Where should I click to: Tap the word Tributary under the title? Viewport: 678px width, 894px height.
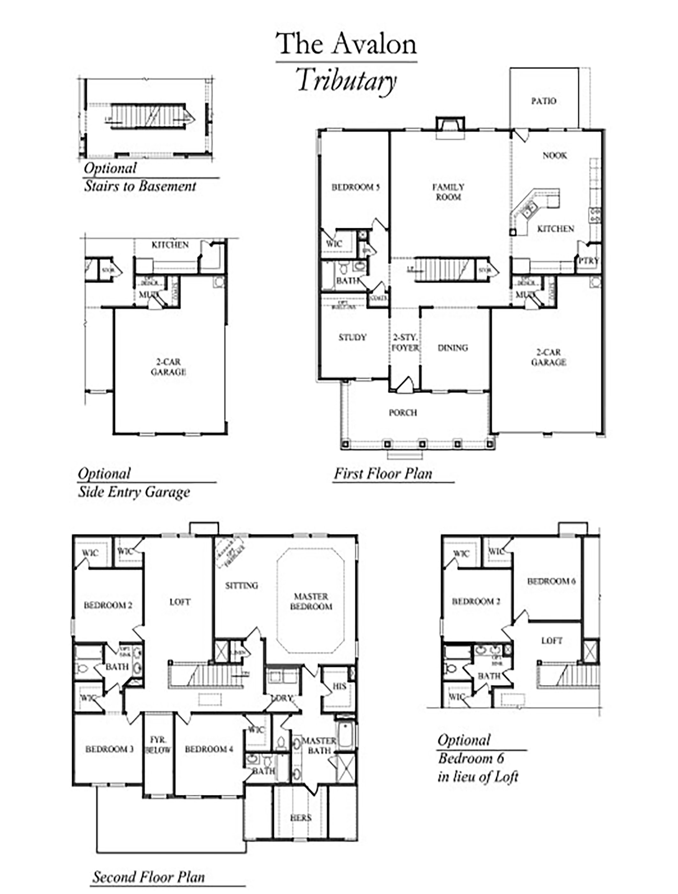click(346, 81)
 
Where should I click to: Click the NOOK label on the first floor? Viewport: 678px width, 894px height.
click(555, 155)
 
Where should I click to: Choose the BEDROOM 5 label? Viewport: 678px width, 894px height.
click(355, 187)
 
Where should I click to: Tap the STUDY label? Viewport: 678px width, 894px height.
click(352, 337)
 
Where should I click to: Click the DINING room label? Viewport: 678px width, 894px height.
click(453, 348)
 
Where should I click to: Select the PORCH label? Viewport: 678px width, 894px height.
click(403, 413)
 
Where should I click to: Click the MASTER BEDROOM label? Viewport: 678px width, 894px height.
click(311, 602)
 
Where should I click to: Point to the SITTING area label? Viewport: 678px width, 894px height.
click(242, 586)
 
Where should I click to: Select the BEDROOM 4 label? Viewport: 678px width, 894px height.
click(209, 749)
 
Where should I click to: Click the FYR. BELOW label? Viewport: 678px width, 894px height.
click(158, 745)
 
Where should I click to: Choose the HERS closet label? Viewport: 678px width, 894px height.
click(301, 818)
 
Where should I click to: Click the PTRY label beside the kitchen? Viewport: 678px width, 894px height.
click(588, 261)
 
